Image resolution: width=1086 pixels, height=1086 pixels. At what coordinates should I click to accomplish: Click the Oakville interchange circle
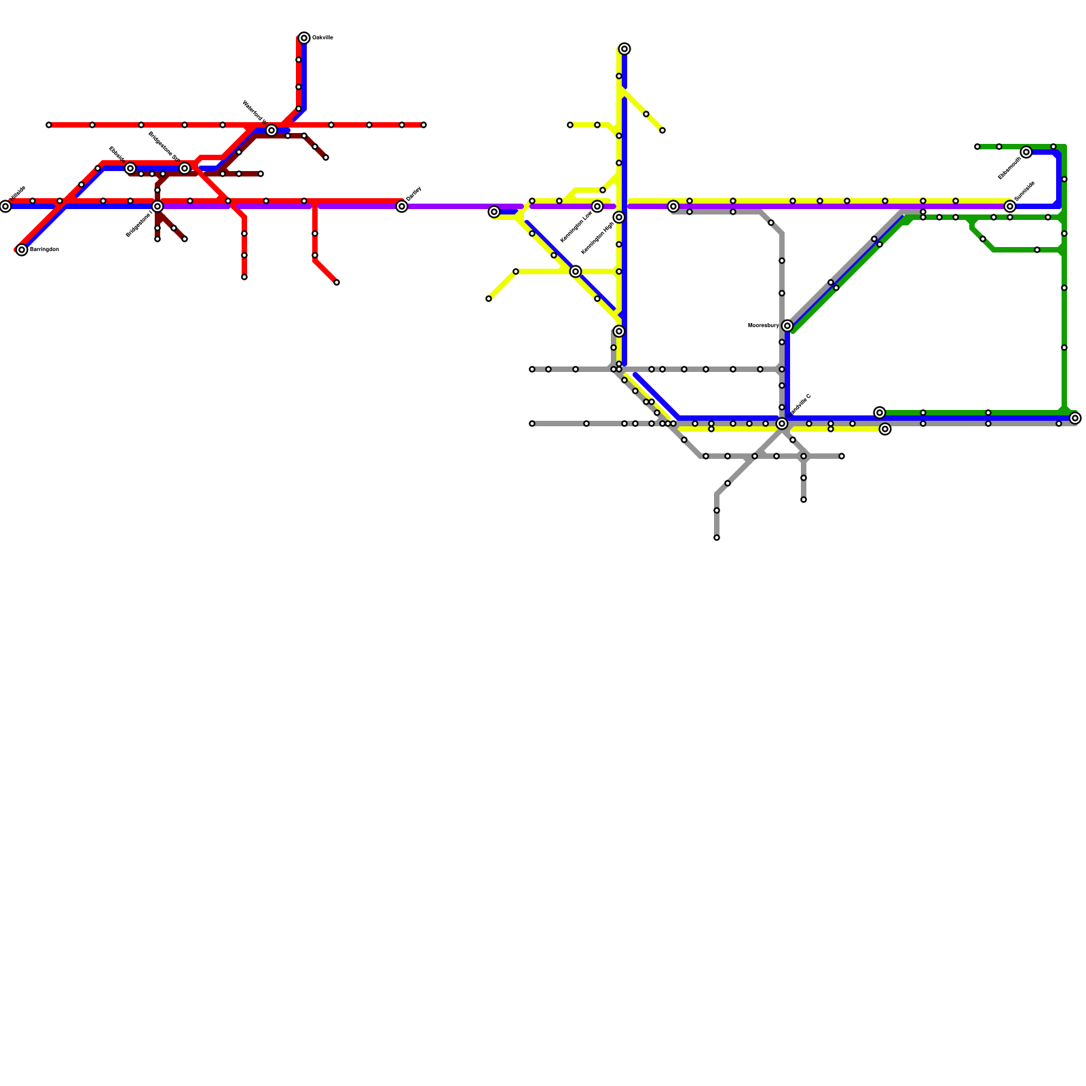point(304,38)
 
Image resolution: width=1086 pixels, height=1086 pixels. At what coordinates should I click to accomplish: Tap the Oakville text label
point(322,38)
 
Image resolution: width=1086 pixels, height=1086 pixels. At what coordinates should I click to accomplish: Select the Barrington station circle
point(22,250)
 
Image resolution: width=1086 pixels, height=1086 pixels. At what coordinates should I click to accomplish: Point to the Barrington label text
point(44,250)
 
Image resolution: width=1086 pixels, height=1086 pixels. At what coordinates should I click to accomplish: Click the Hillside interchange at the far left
point(5,206)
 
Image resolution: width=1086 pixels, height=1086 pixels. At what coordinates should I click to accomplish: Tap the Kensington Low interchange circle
point(597,206)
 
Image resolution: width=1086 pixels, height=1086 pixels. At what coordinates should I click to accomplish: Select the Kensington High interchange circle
point(619,217)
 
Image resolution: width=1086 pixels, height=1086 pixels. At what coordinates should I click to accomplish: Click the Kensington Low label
point(576,226)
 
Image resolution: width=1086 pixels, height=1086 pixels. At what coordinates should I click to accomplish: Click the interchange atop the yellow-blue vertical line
point(624,49)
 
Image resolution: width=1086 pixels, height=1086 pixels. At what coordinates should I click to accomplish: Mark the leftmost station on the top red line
point(49,125)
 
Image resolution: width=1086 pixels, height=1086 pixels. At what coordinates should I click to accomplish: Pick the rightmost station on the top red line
point(424,125)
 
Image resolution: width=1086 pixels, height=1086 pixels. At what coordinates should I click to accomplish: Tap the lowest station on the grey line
point(717,538)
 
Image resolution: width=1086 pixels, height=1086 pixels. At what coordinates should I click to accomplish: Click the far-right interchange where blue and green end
point(1075,418)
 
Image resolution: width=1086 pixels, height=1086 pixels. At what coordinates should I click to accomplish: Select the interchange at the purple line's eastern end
point(1010,206)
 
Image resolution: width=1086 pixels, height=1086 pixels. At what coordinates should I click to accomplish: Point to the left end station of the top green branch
point(977,147)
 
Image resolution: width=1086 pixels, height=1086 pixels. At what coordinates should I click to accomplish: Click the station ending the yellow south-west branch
point(489,299)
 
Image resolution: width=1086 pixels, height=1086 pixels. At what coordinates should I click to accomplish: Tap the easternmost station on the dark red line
point(326,157)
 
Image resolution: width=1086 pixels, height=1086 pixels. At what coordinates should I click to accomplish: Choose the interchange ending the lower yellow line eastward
point(885,429)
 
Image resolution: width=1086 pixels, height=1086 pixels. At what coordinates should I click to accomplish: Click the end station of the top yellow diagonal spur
point(662,130)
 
